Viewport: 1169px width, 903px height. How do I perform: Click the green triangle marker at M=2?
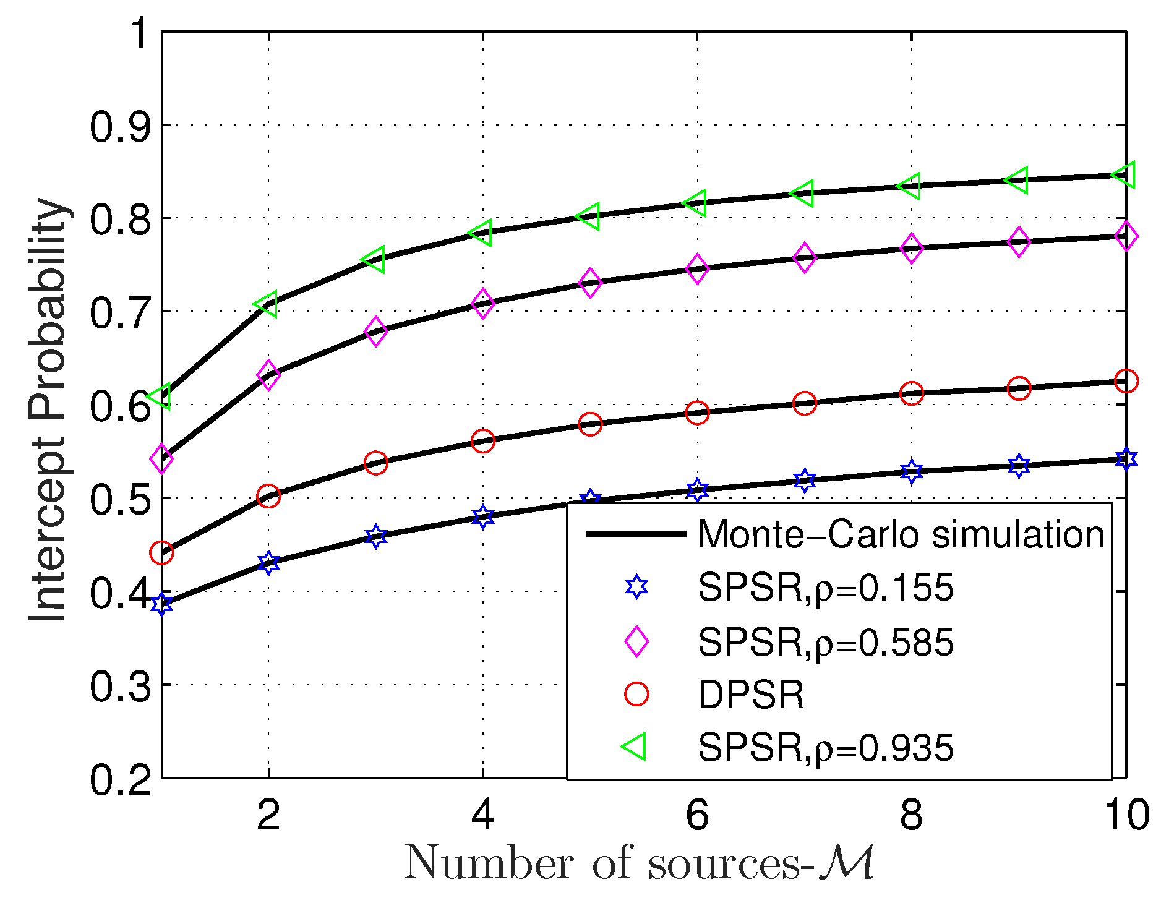click(267, 304)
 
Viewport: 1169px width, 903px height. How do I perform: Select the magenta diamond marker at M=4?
click(482, 303)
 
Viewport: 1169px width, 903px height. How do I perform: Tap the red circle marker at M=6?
click(697, 413)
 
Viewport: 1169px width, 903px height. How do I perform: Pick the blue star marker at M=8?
click(911, 472)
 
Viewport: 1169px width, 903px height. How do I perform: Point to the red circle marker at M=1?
click(161, 553)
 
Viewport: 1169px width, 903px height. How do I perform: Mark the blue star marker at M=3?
click(375, 536)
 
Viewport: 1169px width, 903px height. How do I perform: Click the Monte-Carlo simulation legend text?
click(901, 534)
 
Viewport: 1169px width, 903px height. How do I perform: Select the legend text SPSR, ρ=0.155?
click(825, 587)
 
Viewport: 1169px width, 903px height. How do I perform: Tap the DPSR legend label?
click(751, 695)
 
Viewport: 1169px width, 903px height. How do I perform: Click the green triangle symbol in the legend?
click(635, 747)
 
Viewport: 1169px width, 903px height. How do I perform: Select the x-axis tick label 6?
click(697, 815)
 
